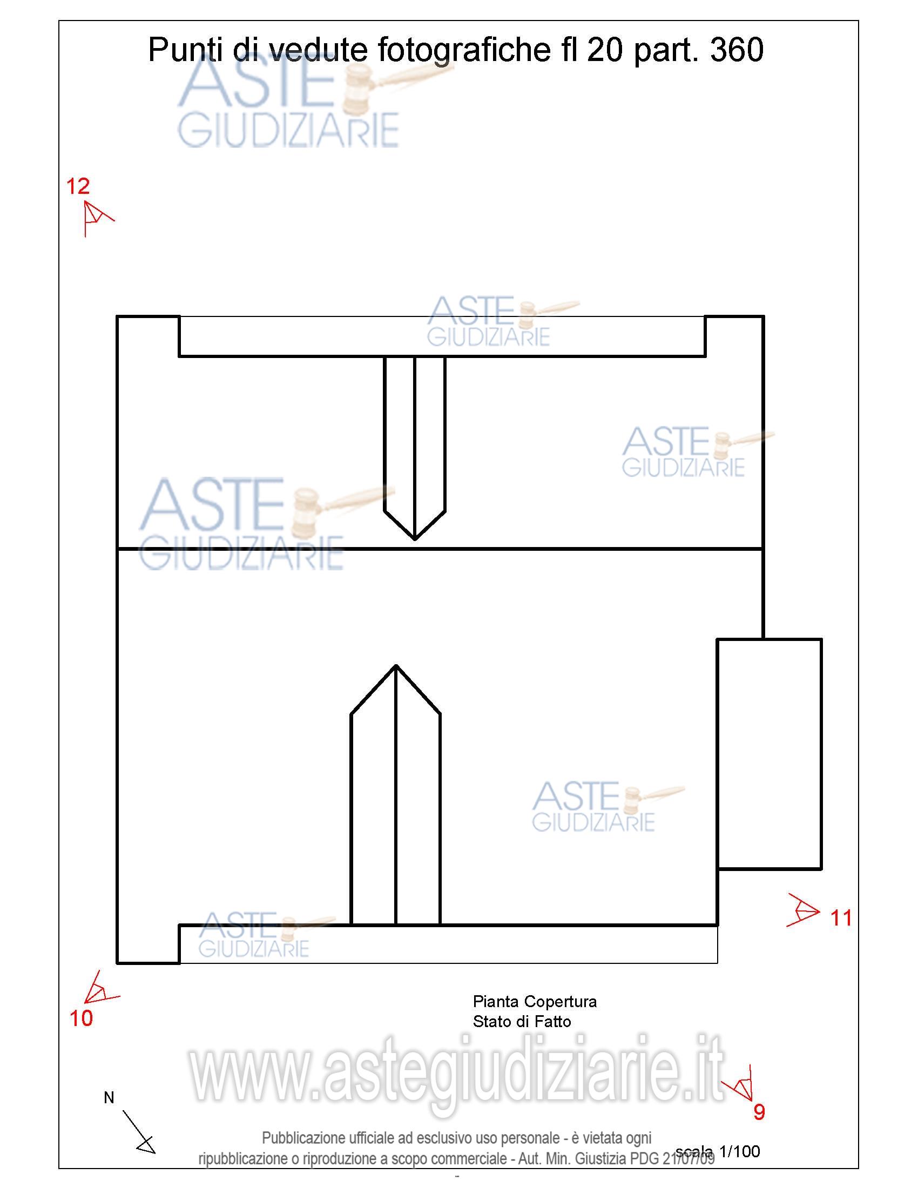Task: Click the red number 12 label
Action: click(78, 187)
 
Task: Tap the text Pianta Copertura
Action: click(535, 1001)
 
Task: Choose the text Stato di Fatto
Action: click(522, 1022)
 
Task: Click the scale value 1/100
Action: click(740, 1151)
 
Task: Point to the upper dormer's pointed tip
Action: click(414, 539)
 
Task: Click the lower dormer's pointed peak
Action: click(396, 665)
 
